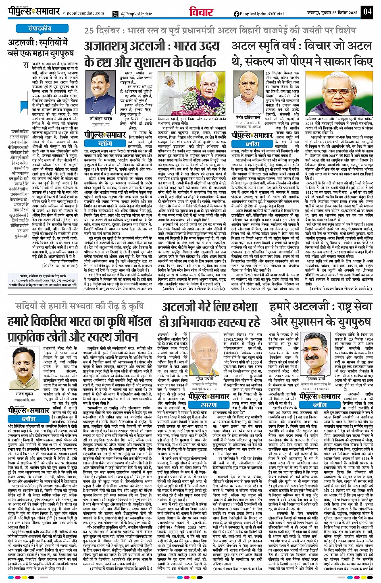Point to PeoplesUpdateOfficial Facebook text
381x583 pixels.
click(x=262, y=14)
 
